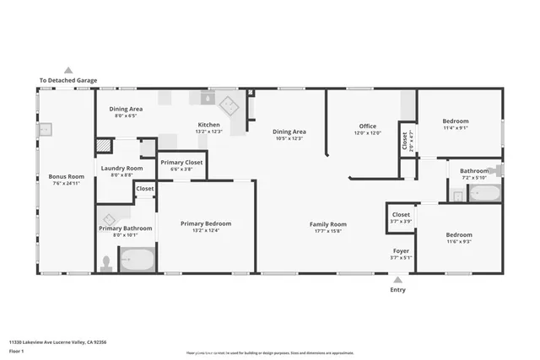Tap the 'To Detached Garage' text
click(x=68, y=81)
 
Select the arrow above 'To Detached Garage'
click(x=68, y=71)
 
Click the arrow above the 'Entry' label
click(x=397, y=280)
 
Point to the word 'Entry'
click(x=397, y=290)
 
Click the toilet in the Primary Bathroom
click(x=106, y=262)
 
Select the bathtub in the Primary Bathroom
click(x=137, y=260)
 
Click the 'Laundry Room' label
click(x=122, y=169)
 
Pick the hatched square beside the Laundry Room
click(x=102, y=146)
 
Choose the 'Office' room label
click(x=367, y=126)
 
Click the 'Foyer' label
click(x=401, y=251)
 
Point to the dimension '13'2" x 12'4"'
click(x=206, y=230)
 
